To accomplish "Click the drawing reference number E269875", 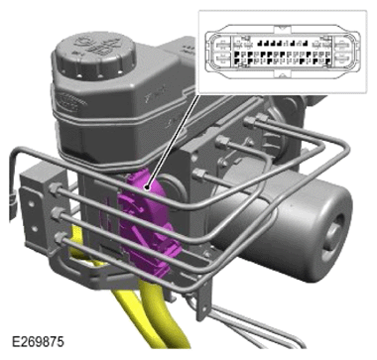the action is coord(38,342).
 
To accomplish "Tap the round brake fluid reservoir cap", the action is coord(95,57).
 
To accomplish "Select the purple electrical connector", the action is coord(146,225).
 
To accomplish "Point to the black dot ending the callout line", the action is coord(148,188).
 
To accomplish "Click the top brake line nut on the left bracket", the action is coord(54,189).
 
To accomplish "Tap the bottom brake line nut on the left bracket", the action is coord(60,237).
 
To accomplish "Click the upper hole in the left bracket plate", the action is coord(32,204).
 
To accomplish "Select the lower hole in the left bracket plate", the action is coord(34,228).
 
